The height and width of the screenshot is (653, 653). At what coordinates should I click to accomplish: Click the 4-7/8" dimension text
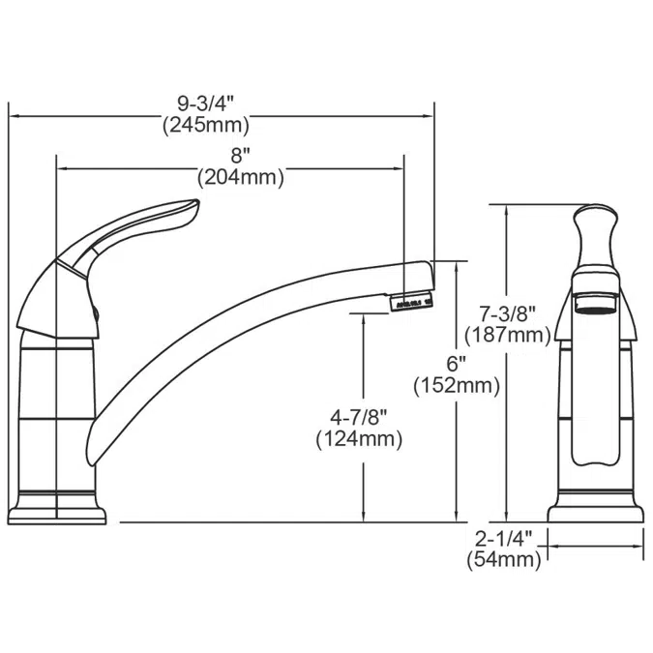pos(359,417)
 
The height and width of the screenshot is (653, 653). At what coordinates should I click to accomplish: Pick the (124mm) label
pos(359,439)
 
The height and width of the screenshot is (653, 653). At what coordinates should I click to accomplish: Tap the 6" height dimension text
pos(456,364)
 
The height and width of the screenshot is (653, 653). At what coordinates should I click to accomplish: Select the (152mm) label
pos(456,386)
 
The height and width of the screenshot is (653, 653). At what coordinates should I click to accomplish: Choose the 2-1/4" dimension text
pos(503,538)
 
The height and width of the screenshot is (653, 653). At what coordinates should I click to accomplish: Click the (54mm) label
pos(503,560)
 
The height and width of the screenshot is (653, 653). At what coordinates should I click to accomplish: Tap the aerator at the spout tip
pos(410,303)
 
